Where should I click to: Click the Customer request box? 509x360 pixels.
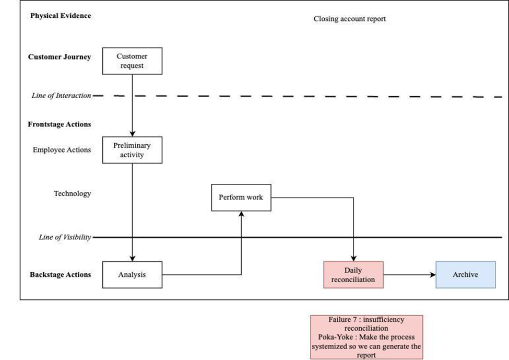[132, 61]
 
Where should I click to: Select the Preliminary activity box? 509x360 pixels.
[132, 150]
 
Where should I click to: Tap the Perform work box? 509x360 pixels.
[241, 198]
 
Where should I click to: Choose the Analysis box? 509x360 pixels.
[132, 275]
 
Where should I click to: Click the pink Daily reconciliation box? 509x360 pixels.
[353, 275]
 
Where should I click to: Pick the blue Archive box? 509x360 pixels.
[466, 275]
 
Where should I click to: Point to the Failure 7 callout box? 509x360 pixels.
[366, 337]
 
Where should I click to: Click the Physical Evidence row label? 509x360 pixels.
[61, 16]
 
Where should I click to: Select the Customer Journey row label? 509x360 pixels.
[60, 57]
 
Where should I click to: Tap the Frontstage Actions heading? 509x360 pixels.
[60, 124]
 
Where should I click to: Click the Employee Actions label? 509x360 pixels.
[62, 150]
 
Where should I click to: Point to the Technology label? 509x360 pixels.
[73, 194]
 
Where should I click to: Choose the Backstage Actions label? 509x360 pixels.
[61, 274]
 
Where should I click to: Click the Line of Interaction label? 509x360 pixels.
[62, 96]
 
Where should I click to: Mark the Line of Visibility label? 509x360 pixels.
[65, 237]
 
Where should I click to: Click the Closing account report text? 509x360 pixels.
[350, 19]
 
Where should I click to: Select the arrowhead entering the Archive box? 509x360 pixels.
[433, 275]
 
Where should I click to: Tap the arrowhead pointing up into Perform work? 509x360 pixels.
[241, 214]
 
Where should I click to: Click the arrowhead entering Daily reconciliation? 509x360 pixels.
[353, 259]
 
